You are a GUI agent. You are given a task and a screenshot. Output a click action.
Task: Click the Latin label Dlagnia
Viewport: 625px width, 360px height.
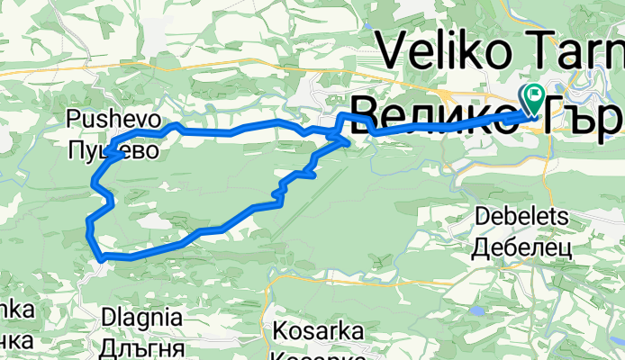coord(143,318)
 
